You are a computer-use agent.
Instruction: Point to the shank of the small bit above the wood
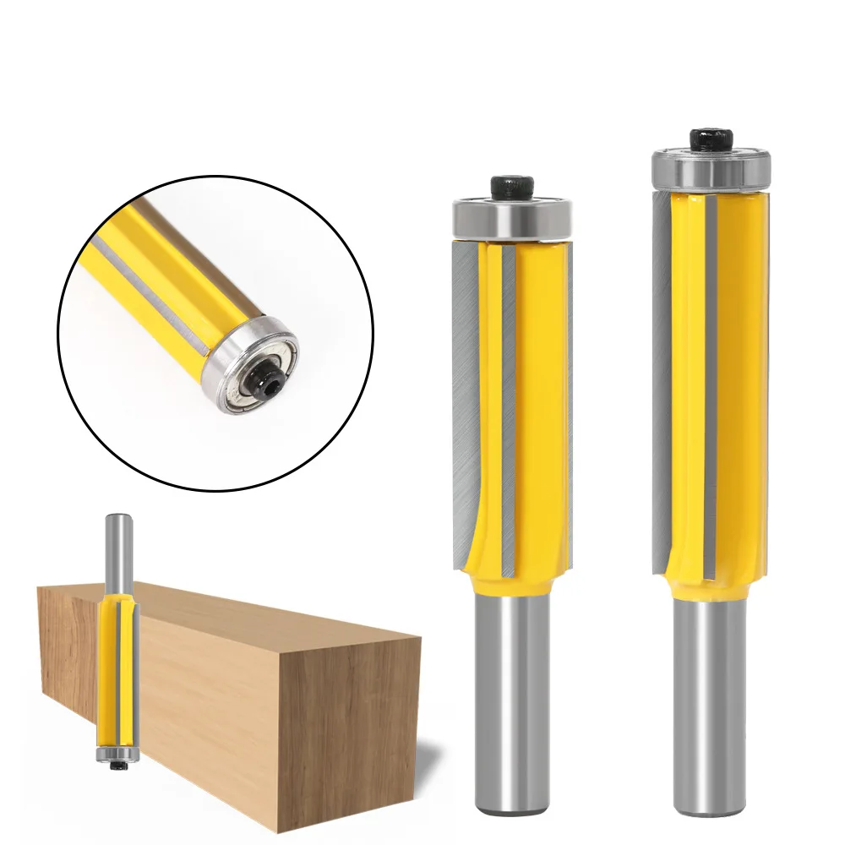point(112,549)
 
